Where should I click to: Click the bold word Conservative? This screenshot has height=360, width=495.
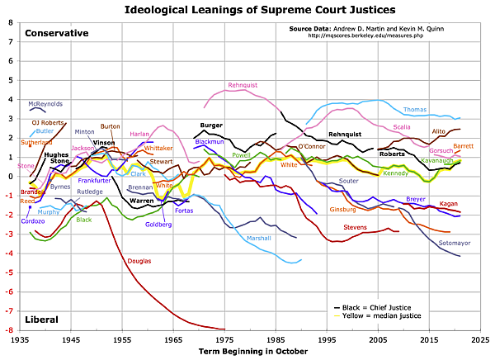(56, 34)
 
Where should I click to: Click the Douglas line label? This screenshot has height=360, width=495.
(139, 261)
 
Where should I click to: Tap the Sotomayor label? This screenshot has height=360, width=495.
(456, 243)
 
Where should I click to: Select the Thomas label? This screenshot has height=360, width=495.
(415, 109)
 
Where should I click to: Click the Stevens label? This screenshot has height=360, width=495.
(355, 226)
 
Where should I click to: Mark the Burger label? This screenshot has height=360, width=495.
(212, 125)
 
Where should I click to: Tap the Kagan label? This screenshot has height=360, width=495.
(449, 203)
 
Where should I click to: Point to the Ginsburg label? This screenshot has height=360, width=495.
(343, 210)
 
